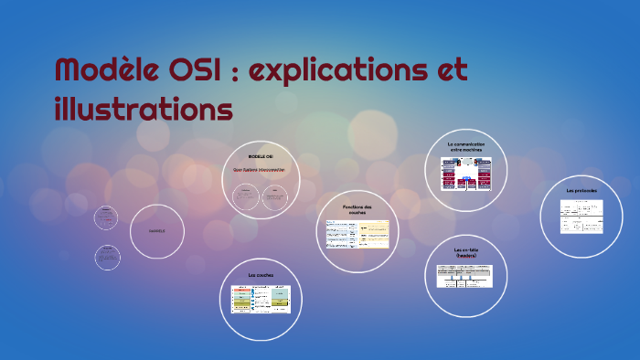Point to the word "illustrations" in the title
[144, 110]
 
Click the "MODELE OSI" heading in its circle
[260, 157]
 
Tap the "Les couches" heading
[261, 274]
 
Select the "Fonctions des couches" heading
[357, 209]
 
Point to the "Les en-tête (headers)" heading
[466, 251]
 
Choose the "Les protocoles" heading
[581, 190]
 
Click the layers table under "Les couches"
[261, 298]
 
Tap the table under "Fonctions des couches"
[357, 234]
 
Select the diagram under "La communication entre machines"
[465, 174]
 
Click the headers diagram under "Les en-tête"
[466, 276]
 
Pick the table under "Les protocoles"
[581, 217]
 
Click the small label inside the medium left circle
[157, 230]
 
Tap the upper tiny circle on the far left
[107, 217]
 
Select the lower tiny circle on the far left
[107, 257]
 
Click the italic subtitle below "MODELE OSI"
[260, 170]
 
